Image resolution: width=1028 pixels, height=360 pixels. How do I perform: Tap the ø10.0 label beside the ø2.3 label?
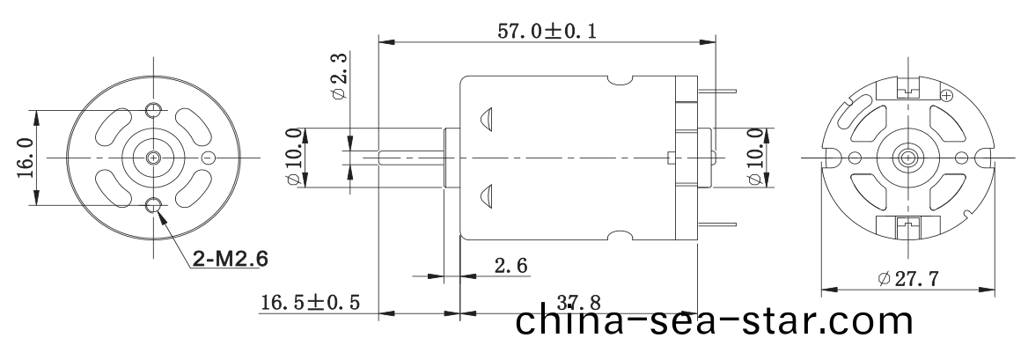(293, 158)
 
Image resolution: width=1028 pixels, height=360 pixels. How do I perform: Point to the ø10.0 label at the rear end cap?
(754, 158)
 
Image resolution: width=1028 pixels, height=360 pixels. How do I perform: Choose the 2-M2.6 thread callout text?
(229, 260)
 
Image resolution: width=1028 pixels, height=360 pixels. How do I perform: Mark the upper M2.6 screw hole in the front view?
(154, 109)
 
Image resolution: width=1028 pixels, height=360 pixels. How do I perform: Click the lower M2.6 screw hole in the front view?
(154, 206)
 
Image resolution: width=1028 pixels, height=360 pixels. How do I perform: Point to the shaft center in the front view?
(154, 158)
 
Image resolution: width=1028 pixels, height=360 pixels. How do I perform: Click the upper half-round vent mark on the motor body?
(487, 120)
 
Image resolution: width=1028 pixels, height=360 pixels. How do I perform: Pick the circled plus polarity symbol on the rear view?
(947, 94)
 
